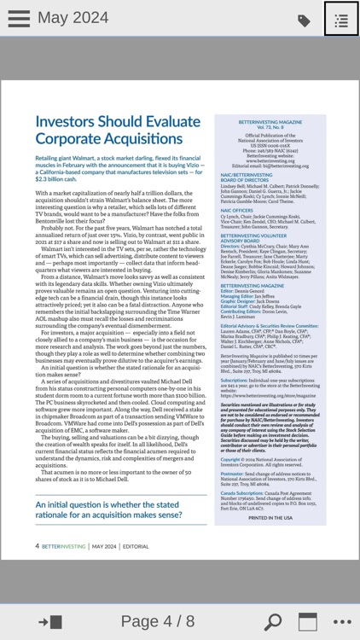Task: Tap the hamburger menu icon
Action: (x=18, y=19)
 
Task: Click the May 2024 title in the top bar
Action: (x=73, y=19)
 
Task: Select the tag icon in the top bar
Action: (x=304, y=20)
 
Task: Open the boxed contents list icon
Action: (x=341, y=20)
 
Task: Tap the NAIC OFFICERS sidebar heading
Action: (x=236, y=210)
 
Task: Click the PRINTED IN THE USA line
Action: (x=270, y=518)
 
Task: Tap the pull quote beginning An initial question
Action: (x=108, y=509)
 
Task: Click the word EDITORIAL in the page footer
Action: (x=135, y=546)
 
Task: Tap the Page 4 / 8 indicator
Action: (x=157, y=621)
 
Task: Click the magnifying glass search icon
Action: (x=272, y=621)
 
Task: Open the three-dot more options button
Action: (x=342, y=621)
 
